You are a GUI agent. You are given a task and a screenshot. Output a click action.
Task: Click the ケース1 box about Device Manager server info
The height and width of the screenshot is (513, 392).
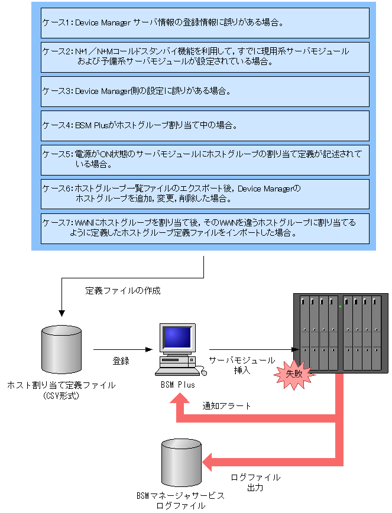click(205, 22)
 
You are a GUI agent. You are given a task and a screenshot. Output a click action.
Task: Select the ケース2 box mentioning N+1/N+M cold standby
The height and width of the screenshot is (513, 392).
click(205, 57)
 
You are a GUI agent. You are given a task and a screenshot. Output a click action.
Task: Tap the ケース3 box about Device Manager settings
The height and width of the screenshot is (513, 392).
click(205, 91)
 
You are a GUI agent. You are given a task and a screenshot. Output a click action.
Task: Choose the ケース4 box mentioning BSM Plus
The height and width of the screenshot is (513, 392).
click(205, 125)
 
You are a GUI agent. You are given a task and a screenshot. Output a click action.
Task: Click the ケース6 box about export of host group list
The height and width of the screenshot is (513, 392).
click(205, 194)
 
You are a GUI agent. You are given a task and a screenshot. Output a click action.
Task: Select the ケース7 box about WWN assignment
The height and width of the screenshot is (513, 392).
click(205, 228)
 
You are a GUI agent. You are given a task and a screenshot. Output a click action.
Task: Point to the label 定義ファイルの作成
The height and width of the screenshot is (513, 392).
click(123, 291)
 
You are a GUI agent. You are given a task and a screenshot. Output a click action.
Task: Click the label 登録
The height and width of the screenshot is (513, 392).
click(121, 361)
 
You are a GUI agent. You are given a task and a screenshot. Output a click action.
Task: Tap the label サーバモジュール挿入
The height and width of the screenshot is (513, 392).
click(242, 365)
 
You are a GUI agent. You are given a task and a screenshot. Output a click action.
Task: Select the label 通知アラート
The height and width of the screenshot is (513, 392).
click(226, 405)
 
